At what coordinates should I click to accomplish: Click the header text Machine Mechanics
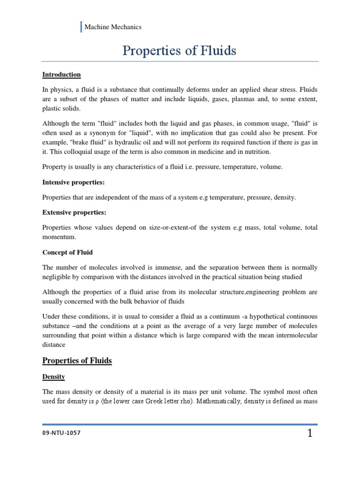tap(112, 27)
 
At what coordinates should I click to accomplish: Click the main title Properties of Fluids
tap(180, 51)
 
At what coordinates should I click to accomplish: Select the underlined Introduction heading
tap(61, 75)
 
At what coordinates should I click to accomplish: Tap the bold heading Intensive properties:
tap(74, 184)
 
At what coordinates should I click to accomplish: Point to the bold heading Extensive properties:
tap(74, 213)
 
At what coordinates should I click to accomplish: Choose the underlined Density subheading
tap(53, 377)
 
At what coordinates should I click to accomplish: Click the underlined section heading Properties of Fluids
tap(77, 360)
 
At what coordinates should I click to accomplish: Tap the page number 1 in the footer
tap(309, 434)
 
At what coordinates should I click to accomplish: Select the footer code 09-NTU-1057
tap(61, 433)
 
